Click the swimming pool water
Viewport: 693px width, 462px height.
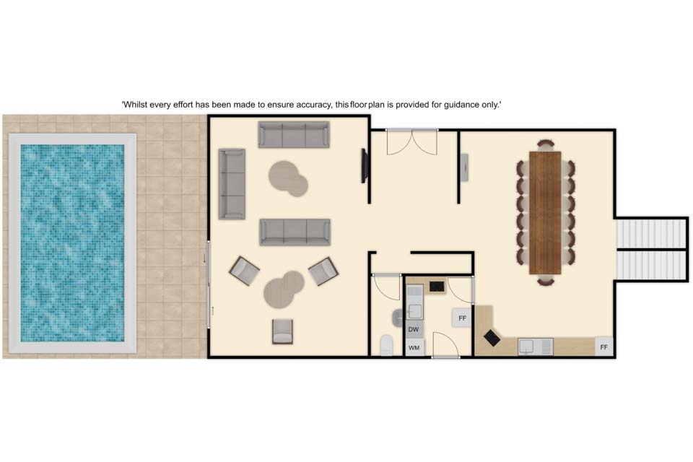(72, 243)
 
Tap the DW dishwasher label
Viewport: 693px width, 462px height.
(413, 329)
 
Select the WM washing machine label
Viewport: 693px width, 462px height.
(414, 348)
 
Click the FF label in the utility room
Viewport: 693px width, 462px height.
(462, 318)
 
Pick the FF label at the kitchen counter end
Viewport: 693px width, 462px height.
(603, 347)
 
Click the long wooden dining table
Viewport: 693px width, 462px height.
(545, 213)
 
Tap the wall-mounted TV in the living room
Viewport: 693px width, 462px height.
(365, 166)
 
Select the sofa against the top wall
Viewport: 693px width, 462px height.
(294, 134)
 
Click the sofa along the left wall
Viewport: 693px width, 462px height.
(232, 184)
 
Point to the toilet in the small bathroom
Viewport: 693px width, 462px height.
(386, 345)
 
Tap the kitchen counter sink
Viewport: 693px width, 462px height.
(535, 346)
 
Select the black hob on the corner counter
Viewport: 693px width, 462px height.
(492, 339)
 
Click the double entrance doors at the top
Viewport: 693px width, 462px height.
(412, 142)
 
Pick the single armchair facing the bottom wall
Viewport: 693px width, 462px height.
(282, 331)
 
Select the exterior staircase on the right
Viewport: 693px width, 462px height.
(651, 249)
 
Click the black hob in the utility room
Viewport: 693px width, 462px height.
(437, 287)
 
